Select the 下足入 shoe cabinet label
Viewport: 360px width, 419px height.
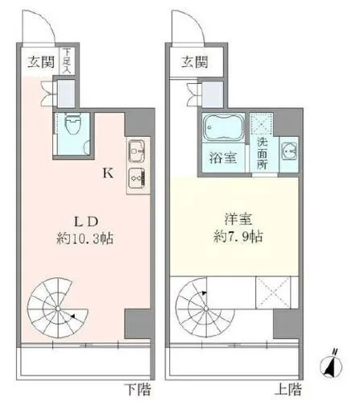pos(67,63)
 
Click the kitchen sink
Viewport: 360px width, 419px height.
pos(134,151)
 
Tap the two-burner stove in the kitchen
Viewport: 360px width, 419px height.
pos(134,177)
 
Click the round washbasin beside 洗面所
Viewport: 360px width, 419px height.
pos(288,151)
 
